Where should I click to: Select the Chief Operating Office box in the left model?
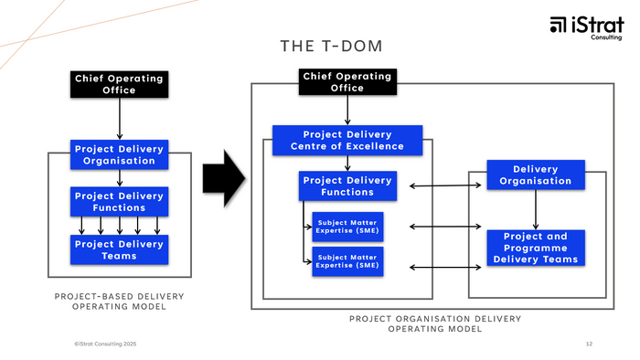tap(118, 84)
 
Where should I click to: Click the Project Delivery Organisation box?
tap(119, 154)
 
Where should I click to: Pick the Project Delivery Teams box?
tap(119, 249)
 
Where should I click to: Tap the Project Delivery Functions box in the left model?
tap(119, 201)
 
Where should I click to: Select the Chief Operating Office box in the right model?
tap(346, 82)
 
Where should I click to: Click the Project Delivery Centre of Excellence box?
tap(347, 140)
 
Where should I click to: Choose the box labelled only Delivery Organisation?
tap(535, 175)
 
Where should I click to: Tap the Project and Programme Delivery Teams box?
tap(535, 248)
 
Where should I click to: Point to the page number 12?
tap(589, 344)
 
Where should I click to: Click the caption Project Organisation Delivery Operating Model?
tap(435, 323)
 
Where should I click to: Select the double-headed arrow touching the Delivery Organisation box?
tap(444, 186)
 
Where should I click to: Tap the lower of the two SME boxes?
tap(347, 262)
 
